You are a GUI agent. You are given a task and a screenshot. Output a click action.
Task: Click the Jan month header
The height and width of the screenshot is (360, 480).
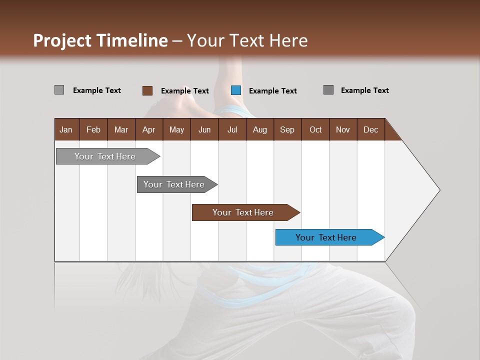pos(66,129)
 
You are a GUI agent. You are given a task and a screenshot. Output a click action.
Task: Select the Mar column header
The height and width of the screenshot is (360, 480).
pos(121,129)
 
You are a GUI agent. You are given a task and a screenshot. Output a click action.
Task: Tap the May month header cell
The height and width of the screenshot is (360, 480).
pos(176,129)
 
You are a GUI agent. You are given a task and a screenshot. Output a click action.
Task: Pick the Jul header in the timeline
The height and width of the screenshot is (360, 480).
pos(232,129)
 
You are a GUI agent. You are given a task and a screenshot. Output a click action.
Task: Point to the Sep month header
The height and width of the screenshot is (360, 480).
pos(287,129)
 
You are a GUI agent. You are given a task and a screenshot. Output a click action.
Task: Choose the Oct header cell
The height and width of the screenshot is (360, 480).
pos(315,129)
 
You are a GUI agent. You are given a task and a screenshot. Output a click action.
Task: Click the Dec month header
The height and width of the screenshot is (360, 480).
pos(370,129)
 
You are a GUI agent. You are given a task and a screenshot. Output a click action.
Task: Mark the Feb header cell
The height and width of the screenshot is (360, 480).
pos(93,129)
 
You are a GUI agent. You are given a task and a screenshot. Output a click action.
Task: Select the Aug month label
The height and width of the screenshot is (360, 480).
pos(259,129)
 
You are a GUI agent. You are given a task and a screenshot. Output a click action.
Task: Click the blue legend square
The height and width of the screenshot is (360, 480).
pos(236,90)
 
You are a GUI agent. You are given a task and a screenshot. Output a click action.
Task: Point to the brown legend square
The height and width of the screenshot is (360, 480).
pos(147,90)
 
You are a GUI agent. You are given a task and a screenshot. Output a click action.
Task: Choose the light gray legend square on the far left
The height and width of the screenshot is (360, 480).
pos(59,90)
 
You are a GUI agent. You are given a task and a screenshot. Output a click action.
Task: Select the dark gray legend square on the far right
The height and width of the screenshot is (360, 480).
pos(328,90)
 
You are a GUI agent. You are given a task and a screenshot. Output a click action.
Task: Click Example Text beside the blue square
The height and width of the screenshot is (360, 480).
pos(272,91)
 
